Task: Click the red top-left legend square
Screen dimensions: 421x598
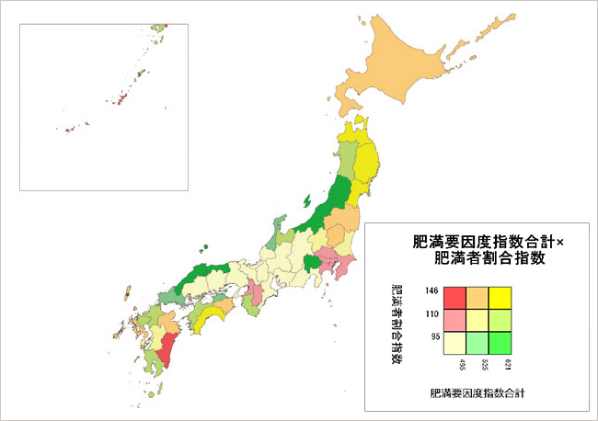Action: (x=454, y=298)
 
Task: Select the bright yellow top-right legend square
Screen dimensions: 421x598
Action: (x=500, y=298)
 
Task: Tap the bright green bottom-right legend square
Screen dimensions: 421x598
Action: (x=500, y=342)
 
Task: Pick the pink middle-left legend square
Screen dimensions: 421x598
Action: (x=454, y=320)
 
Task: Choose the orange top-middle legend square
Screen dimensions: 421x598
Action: (x=477, y=298)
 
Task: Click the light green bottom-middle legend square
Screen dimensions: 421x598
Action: (x=477, y=342)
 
